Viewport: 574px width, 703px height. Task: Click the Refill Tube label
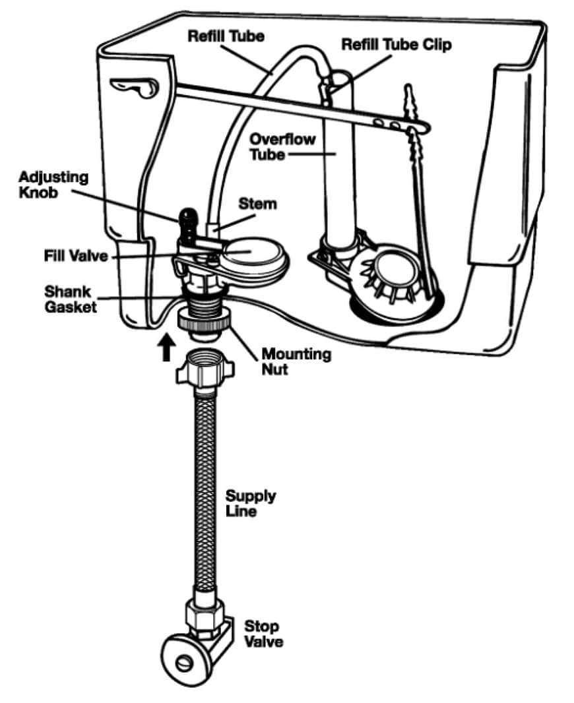(x=226, y=36)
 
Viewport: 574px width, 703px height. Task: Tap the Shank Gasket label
(x=69, y=299)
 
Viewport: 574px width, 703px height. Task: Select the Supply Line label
(x=251, y=503)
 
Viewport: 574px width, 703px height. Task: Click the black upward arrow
(x=166, y=348)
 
